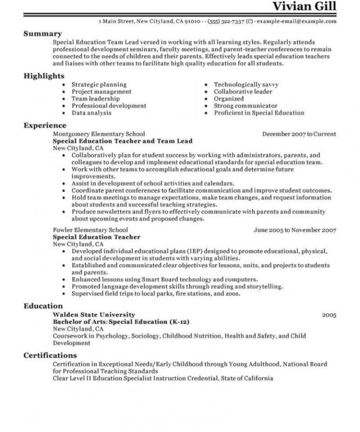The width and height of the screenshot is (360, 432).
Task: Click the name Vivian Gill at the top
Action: [304, 7]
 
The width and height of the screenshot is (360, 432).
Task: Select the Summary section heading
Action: [43, 34]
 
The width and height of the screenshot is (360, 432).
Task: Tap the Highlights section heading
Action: [44, 76]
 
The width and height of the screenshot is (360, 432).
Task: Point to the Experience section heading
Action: [45, 126]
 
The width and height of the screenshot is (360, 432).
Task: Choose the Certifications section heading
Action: [50, 356]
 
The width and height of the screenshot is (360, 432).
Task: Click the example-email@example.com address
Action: [297, 22]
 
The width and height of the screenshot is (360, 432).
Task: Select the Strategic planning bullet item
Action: [99, 84]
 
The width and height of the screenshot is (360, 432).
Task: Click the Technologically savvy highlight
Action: [246, 84]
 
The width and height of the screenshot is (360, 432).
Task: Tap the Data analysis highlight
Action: [91, 113]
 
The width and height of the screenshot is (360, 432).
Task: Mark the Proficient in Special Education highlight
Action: [259, 113]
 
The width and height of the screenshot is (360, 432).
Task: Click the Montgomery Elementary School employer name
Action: [98, 134]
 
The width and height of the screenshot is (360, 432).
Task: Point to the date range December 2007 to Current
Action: [299, 134]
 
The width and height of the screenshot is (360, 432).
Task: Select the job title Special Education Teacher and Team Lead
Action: [122, 141]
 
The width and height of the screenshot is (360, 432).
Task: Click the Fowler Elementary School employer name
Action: [91, 230]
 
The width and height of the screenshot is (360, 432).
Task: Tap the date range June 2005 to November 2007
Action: [295, 230]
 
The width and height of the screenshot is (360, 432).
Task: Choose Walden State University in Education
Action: [90, 314]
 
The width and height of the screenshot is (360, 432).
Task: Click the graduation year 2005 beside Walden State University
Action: [329, 315]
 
